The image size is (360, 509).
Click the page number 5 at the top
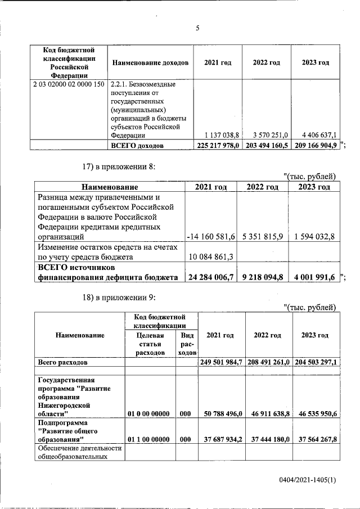pos(197,28)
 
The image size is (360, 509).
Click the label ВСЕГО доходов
pos(137,146)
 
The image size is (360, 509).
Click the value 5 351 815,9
pos(263,237)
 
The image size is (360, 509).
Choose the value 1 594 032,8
pos(314,237)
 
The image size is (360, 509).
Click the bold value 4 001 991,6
pos(314,276)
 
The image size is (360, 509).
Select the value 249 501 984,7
pos(221,362)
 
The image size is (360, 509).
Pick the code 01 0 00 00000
pos(149,413)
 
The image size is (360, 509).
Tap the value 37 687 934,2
pos(221,438)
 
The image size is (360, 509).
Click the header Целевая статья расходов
pos(150,344)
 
